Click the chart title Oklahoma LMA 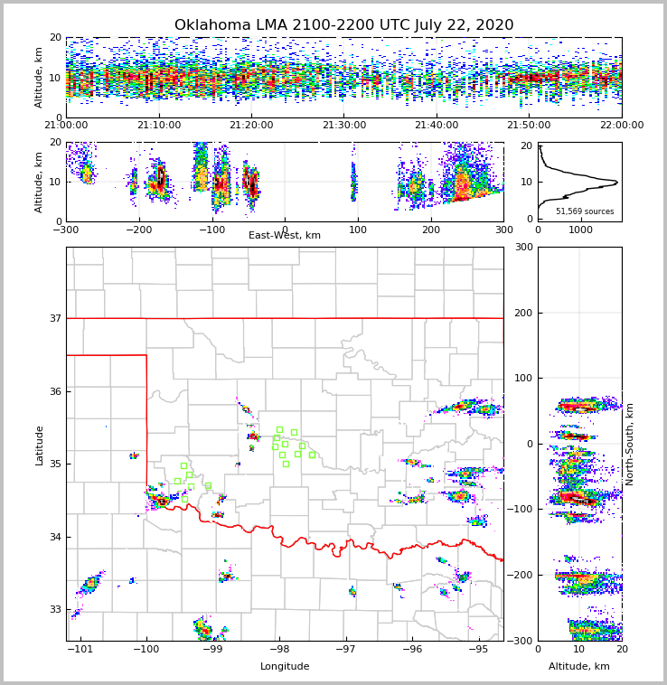pyautogui.click(x=343, y=25)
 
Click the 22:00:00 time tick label pyautogui.click(x=621, y=126)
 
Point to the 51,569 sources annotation pyautogui.click(x=585, y=211)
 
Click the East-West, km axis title pyautogui.click(x=285, y=236)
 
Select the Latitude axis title pyautogui.click(x=40, y=445)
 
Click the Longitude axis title pyautogui.click(x=285, y=667)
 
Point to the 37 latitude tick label pyautogui.click(x=53, y=318)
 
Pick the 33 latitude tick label pyautogui.click(x=53, y=609)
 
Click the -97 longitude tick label pyautogui.click(x=345, y=649)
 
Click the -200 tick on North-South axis pyautogui.click(x=517, y=575)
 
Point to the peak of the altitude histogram pyautogui.click(x=617, y=183)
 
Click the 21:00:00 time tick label pyautogui.click(x=67, y=126)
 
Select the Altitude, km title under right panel pyautogui.click(x=579, y=667)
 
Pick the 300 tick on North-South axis pyautogui.click(x=521, y=247)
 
